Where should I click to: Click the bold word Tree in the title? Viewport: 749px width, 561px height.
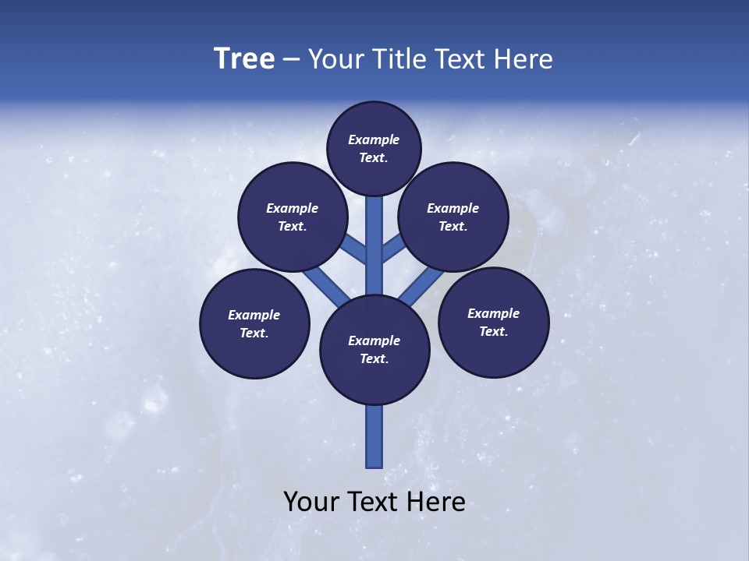coord(244,58)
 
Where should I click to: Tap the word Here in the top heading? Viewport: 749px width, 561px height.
coord(523,59)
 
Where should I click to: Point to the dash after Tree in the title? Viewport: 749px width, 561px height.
coord(291,60)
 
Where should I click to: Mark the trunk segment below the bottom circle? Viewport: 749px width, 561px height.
coord(374,436)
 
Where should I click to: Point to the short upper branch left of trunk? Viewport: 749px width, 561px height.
coord(355,251)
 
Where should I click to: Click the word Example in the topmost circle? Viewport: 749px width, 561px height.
coord(374,139)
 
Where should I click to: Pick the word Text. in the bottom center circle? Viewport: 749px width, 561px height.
coord(374,358)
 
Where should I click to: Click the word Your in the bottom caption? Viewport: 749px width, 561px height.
coord(311,502)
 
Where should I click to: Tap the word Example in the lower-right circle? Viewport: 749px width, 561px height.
coord(493,313)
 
